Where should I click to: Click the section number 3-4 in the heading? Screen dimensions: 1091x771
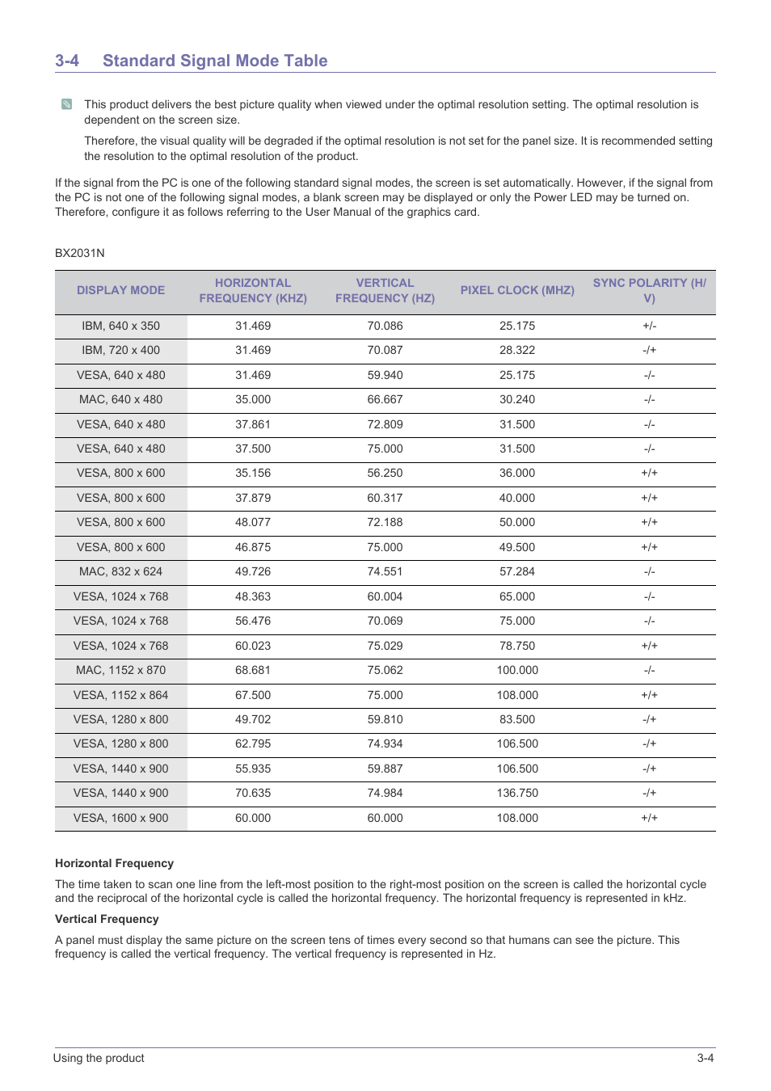point(67,61)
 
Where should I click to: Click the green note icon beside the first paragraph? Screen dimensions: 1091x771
point(66,104)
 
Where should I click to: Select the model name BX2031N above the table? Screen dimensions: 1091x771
point(80,253)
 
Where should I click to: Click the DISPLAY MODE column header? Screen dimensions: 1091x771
point(120,290)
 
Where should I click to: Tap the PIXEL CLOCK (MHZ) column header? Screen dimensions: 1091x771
point(517,290)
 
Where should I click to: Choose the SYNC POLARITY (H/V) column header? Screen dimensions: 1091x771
point(649,290)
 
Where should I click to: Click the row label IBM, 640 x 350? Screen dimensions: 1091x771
point(120,326)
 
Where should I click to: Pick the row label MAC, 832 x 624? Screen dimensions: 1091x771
point(120,571)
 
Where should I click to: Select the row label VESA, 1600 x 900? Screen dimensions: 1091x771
point(120,818)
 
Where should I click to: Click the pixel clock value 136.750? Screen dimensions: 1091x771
point(517,793)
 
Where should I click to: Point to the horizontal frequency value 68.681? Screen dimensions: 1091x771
point(253,670)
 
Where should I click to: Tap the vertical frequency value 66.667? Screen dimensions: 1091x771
point(385,399)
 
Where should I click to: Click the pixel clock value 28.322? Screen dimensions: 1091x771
point(517,350)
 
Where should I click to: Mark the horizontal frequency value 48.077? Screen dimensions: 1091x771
point(253,522)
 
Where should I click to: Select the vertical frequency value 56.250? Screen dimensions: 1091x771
point(385,473)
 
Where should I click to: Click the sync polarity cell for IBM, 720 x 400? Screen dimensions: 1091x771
point(649,350)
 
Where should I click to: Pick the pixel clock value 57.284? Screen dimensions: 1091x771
point(517,571)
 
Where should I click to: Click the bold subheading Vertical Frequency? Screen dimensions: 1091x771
point(107,919)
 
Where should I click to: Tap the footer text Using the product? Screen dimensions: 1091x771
point(99,1058)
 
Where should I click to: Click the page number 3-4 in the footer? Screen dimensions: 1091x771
point(705,1058)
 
